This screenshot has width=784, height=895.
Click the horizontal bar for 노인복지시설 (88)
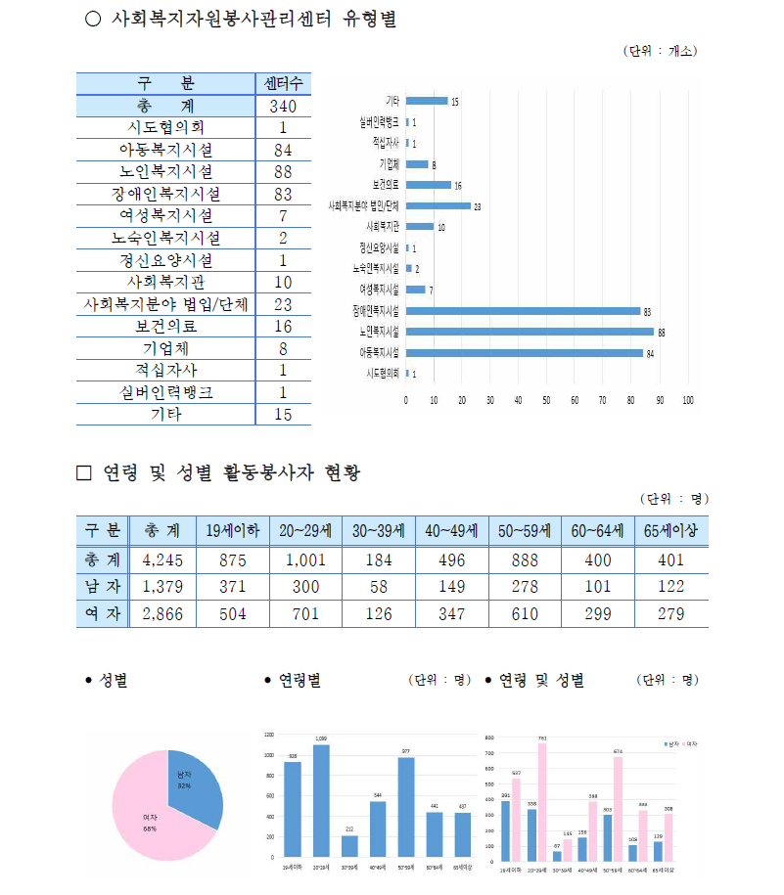[529, 332]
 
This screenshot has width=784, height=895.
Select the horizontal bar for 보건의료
[428, 185]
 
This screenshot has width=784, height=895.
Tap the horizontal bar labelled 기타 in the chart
[426, 101]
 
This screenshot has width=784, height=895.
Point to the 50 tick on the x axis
[547, 400]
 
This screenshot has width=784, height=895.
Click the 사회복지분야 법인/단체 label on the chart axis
[363, 206]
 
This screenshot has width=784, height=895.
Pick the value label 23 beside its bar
[478, 207]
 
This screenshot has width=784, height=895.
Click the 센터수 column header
[283, 82]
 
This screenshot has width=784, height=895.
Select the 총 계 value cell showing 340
[283, 106]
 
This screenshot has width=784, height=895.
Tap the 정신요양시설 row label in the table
[165, 260]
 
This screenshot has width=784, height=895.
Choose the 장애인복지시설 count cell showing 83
[283, 194]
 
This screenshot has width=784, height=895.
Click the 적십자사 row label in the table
[165, 371]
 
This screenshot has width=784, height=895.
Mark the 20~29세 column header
[305, 531]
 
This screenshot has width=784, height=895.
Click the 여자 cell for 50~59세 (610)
[526, 613]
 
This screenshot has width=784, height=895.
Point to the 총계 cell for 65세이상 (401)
[671, 560]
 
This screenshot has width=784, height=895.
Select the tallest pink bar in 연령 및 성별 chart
[541, 801]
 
